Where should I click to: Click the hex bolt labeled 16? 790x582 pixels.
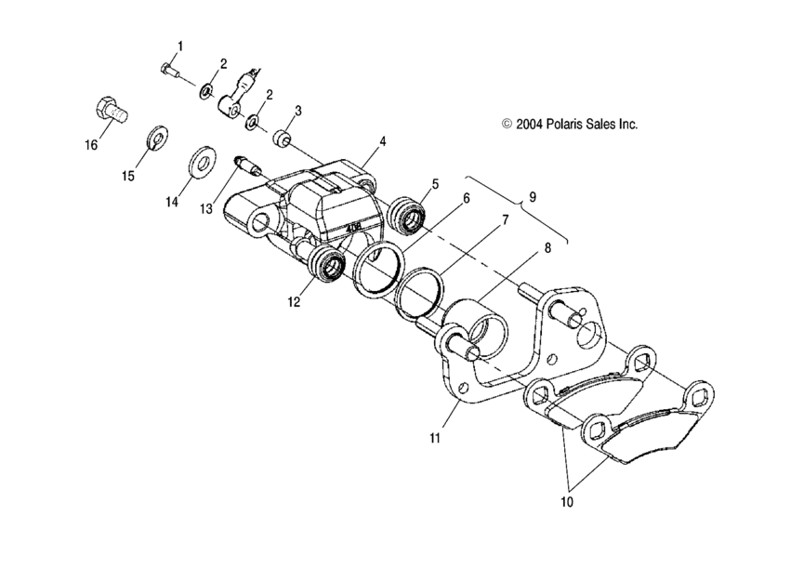(109, 111)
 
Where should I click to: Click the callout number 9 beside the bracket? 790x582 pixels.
(533, 197)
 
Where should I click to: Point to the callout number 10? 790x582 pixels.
(567, 502)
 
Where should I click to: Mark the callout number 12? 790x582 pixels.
(295, 301)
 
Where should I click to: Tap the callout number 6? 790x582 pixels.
(466, 198)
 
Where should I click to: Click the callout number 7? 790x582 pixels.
(504, 221)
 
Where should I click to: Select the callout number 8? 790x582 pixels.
(547, 248)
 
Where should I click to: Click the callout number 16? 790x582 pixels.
(89, 146)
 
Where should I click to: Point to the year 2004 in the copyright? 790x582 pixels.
(530, 123)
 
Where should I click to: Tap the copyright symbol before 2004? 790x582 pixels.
(507, 123)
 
